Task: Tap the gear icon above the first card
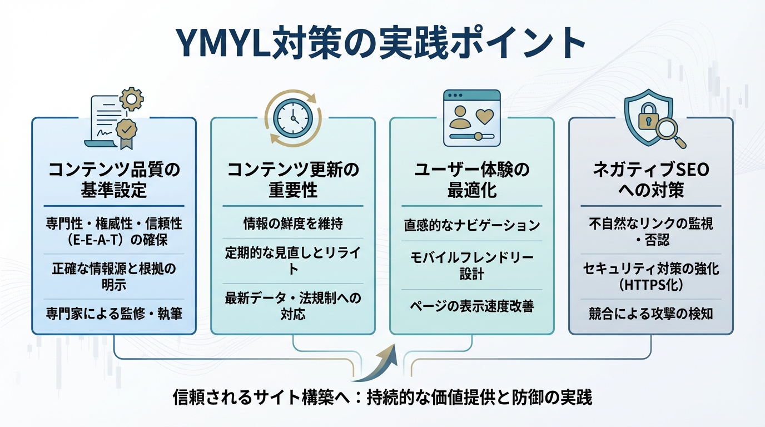(x=132, y=100)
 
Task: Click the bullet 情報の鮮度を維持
(x=293, y=224)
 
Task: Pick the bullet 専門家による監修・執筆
(x=114, y=314)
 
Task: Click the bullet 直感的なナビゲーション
(x=471, y=225)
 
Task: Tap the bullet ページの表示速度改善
(x=471, y=306)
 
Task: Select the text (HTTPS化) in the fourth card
(x=650, y=284)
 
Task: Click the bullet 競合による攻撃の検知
(x=650, y=314)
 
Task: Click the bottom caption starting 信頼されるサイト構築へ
(x=383, y=398)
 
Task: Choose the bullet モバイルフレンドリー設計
(x=471, y=265)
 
